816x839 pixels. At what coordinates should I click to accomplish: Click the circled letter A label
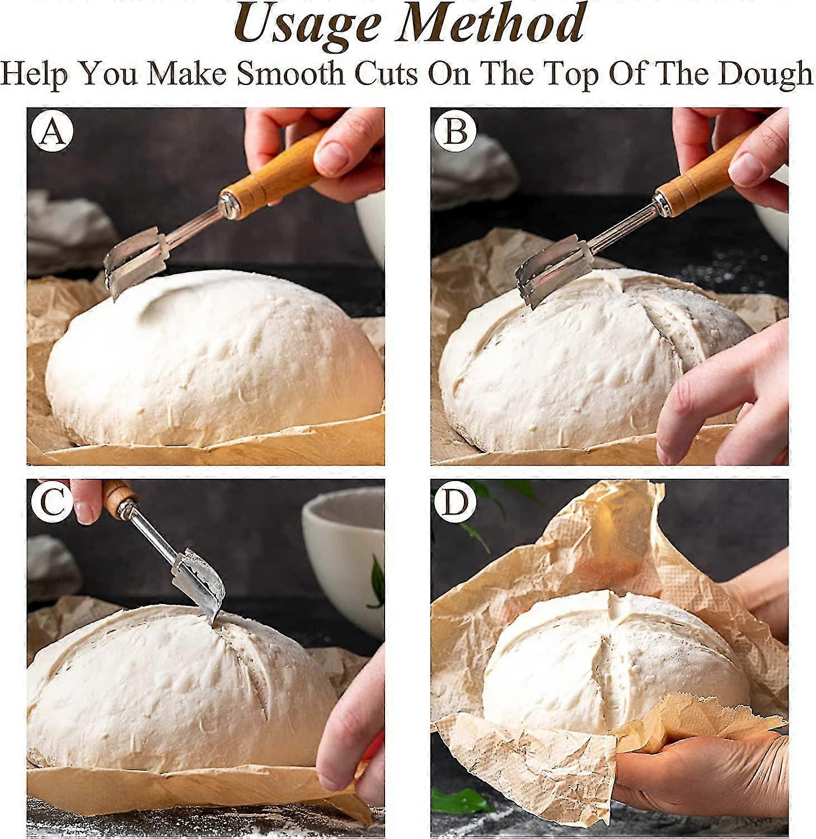(52, 132)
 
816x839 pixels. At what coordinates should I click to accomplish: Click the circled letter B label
(456, 132)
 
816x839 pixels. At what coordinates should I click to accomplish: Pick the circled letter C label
(52, 502)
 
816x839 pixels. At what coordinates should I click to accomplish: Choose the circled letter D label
(456, 502)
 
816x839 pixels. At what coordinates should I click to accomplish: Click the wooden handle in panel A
(274, 171)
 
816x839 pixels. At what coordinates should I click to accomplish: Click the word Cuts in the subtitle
(386, 74)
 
